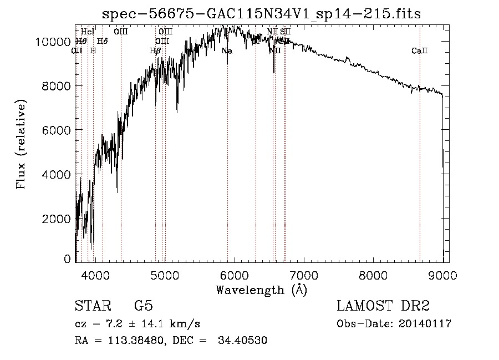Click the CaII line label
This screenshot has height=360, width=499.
click(x=419, y=51)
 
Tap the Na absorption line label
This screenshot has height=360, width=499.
click(x=227, y=51)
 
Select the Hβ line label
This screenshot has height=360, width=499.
click(x=156, y=51)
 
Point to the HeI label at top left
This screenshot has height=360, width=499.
click(x=88, y=32)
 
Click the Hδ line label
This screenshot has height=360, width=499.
click(x=102, y=41)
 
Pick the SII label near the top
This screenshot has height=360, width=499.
click(x=285, y=32)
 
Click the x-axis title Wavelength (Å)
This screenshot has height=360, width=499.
click(x=261, y=290)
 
